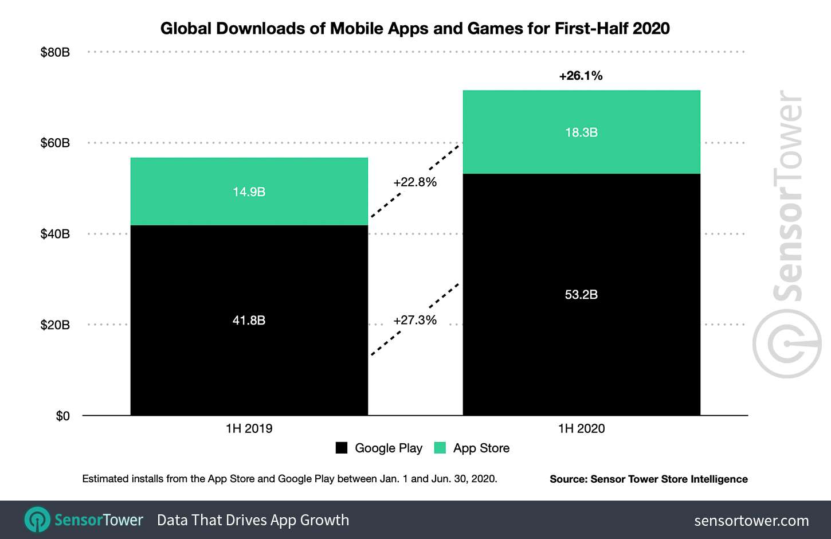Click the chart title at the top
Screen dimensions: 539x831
point(415,28)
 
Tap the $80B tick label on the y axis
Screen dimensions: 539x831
point(55,52)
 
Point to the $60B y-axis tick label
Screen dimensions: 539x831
point(55,143)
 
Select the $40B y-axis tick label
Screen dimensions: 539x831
point(55,234)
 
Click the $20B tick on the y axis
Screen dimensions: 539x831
point(55,325)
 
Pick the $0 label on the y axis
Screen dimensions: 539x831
point(62,416)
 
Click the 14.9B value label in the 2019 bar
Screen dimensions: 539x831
point(249,192)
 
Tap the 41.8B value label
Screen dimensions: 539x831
point(249,321)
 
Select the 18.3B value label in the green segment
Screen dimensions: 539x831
point(581,132)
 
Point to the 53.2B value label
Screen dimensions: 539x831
point(581,295)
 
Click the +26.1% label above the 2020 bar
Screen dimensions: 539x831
point(581,76)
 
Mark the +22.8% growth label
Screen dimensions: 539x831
point(415,182)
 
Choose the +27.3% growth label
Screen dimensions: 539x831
point(415,320)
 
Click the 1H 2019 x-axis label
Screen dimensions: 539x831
point(249,428)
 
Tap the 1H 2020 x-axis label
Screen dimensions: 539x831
point(581,428)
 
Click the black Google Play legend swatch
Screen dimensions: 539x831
point(342,448)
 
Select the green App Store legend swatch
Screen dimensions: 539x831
point(440,448)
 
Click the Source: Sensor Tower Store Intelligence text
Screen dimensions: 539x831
point(648,479)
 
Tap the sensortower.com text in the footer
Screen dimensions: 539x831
point(751,521)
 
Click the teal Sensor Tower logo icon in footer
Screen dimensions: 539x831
point(37,520)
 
